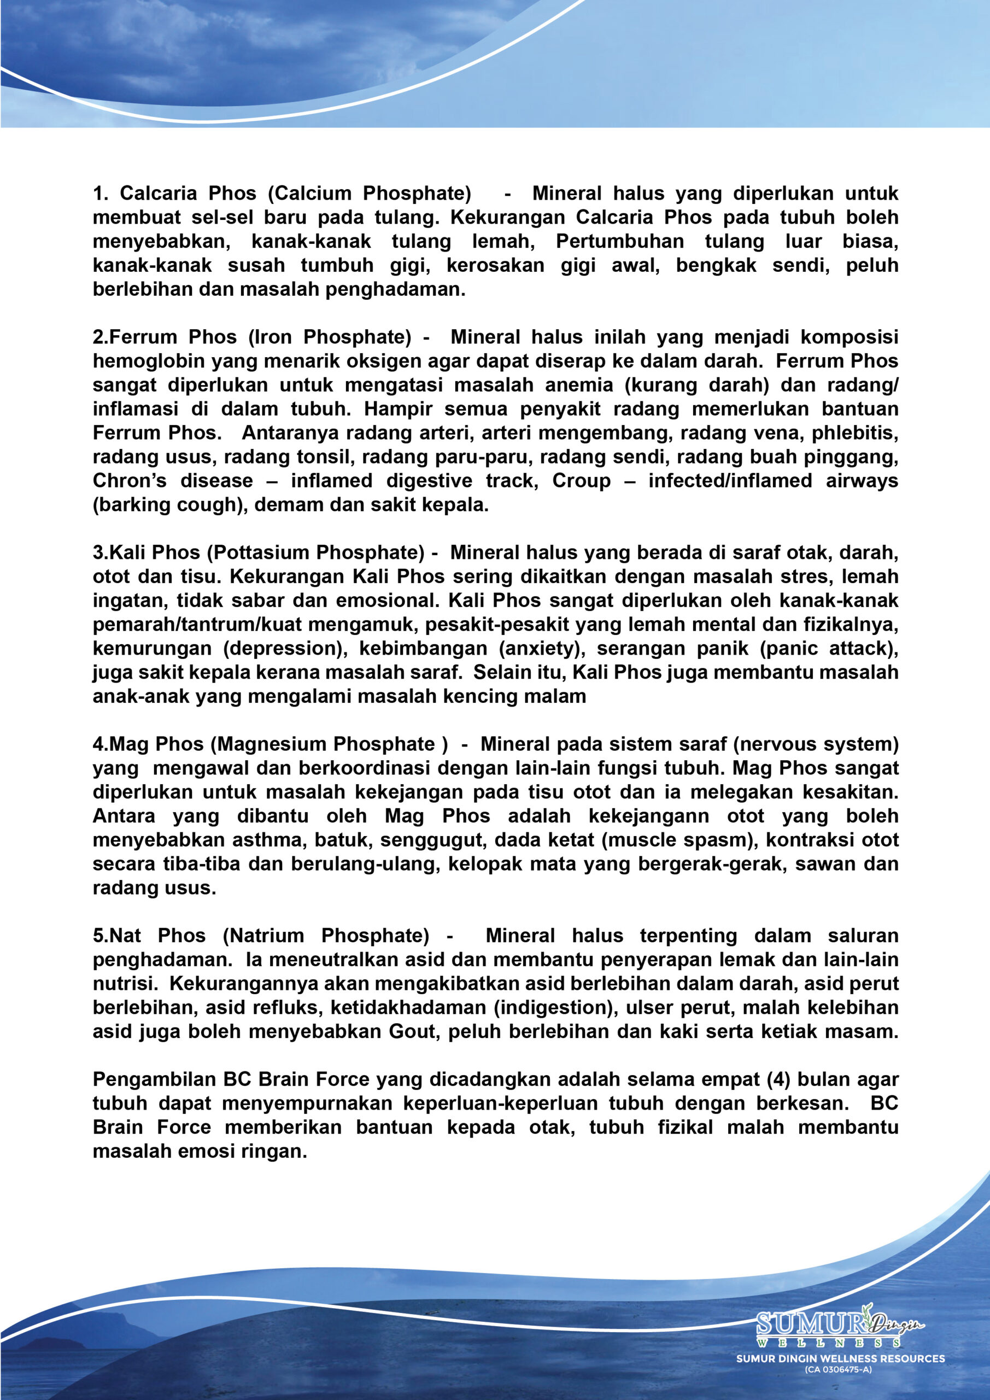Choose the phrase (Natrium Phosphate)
pos(326,935)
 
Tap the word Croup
pos(581,481)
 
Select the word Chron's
pos(129,481)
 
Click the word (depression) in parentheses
pos(285,648)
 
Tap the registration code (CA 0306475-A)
pos(837,1369)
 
